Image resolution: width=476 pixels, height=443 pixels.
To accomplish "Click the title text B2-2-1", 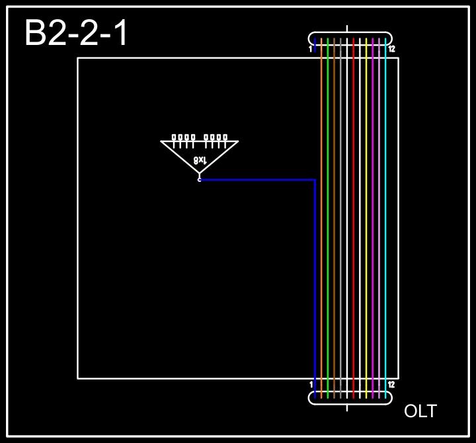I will tap(76, 33).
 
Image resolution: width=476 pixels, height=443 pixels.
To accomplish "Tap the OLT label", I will tap(420, 411).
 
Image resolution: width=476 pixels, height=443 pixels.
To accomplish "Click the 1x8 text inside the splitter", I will tap(200, 159).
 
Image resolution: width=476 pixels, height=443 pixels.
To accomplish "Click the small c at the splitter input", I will tap(199, 179).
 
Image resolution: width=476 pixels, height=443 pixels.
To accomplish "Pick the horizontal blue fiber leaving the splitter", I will tap(258, 179).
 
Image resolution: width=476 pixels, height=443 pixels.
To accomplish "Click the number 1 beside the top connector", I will tap(310, 49).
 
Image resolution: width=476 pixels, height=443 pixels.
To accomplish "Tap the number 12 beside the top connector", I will tap(391, 49).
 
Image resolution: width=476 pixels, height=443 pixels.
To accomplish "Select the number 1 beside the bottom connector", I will tap(311, 384).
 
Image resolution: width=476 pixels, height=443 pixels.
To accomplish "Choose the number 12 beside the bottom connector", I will tap(391, 384).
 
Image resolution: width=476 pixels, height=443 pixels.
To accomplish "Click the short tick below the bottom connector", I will tap(347, 408).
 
